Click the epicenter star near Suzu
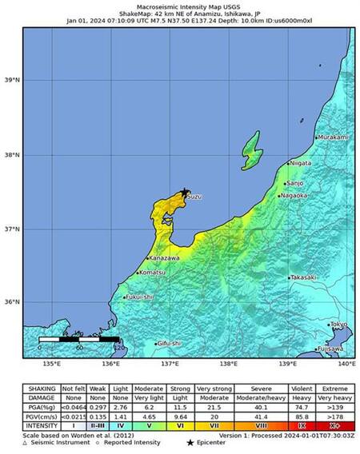tap(186, 192)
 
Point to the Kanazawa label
tap(165, 258)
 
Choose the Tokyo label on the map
tap(338, 325)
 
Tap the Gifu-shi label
tap(169, 344)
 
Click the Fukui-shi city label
tap(138, 297)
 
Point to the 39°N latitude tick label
tap(12, 81)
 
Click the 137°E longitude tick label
tap(170, 364)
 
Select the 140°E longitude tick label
tap(346, 364)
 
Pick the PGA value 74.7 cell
tap(302, 406)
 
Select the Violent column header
tap(302, 388)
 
